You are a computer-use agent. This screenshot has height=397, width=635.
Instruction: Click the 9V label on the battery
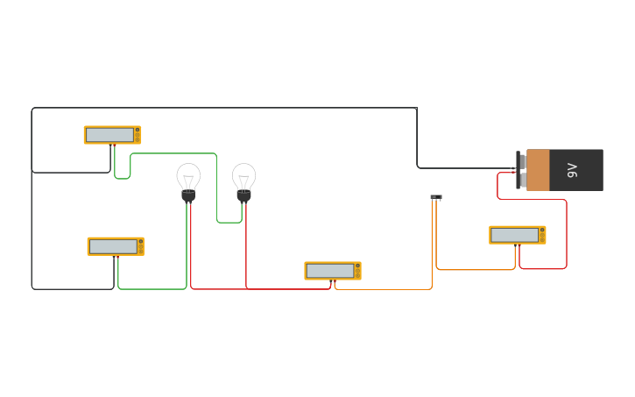573,170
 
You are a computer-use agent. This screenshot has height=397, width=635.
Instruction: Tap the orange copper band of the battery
538,170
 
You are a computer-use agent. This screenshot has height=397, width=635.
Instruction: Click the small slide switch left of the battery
436,197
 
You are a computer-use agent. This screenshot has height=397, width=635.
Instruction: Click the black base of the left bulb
188,196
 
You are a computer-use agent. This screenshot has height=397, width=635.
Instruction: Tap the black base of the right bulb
243,196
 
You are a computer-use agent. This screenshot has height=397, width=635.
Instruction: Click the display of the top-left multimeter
109,135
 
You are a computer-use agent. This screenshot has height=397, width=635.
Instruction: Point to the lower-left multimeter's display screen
113,246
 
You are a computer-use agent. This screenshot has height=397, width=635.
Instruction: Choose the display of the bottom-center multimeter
330,271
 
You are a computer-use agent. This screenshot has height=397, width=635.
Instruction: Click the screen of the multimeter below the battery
515,235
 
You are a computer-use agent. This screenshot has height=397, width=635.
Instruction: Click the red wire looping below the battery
566,237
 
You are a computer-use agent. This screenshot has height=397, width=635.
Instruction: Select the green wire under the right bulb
229,223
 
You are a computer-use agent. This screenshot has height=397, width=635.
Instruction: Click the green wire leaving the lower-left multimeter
153,288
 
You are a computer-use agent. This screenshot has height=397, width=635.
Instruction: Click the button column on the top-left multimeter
138,135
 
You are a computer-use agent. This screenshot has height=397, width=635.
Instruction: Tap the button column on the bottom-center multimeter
358,271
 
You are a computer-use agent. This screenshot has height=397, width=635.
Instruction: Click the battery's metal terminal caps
522,170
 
